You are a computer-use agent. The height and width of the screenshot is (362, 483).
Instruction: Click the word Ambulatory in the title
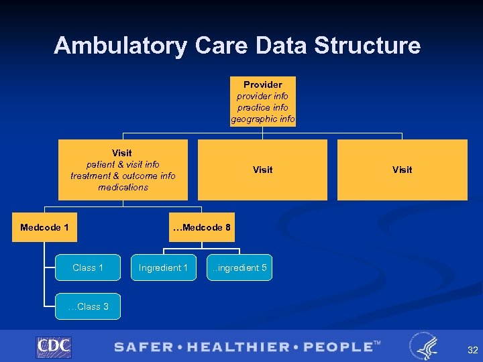(121, 46)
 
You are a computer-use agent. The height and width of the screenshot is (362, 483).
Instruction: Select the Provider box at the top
(262, 102)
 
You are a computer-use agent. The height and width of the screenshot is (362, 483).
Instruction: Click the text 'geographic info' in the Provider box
(262, 119)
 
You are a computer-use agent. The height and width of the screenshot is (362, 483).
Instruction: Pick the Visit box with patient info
(123, 170)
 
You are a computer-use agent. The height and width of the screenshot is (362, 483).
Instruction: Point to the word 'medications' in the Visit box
(123, 187)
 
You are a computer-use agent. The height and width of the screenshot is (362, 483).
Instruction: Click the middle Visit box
(262, 170)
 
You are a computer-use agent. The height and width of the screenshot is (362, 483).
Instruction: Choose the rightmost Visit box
(402, 170)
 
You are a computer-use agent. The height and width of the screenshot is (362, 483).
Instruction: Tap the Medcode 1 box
(44, 227)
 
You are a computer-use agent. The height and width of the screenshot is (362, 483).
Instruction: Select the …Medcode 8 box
(201, 227)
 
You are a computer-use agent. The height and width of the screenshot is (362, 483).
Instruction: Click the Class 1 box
(88, 267)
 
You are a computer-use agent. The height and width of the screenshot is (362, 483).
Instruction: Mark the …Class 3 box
(88, 306)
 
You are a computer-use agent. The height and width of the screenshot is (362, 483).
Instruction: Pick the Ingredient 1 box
(163, 267)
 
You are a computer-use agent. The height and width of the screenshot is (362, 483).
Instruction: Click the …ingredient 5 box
(239, 267)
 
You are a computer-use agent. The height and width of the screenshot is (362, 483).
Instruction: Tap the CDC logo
(54, 347)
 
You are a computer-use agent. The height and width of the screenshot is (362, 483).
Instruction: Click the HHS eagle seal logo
(425, 346)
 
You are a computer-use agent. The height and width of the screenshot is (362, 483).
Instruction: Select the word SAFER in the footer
(142, 347)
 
